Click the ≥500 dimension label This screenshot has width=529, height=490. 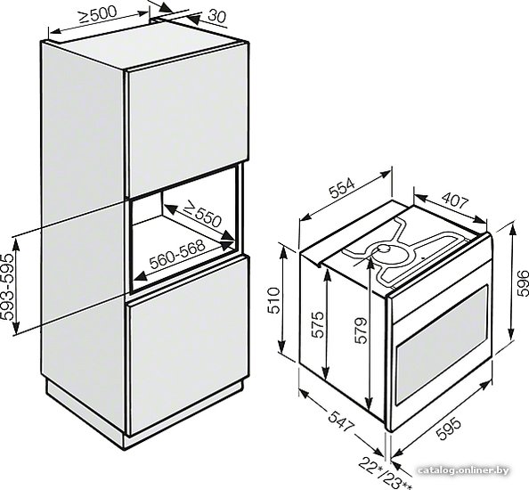(x=98, y=14)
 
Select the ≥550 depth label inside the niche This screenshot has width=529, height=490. (x=202, y=214)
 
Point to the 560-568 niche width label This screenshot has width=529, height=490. (x=177, y=255)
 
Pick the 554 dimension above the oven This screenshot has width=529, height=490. (x=343, y=189)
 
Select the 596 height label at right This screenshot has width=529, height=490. (x=523, y=282)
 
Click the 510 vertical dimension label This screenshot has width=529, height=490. (x=273, y=300)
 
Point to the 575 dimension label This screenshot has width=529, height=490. (x=317, y=324)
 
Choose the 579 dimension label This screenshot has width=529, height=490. (x=361, y=330)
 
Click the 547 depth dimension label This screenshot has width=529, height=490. (x=340, y=421)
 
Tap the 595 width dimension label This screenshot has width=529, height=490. (x=449, y=429)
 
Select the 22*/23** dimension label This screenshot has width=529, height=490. (x=385, y=473)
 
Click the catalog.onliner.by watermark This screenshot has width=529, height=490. (x=463, y=470)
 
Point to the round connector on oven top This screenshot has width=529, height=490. (x=384, y=249)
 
